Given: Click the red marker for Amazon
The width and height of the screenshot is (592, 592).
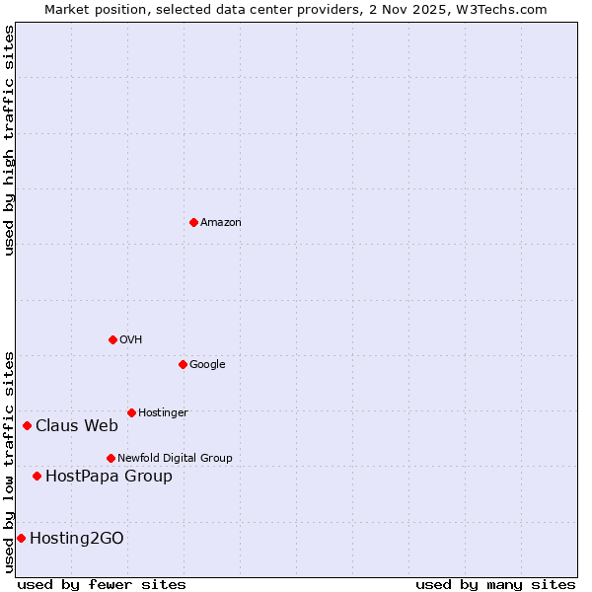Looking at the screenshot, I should [x=193, y=222].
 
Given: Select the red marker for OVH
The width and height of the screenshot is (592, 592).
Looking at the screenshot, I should [x=112, y=339].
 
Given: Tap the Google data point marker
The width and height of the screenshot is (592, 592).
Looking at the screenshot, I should [x=183, y=364].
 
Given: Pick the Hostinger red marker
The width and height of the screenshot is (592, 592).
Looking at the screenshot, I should [x=131, y=412].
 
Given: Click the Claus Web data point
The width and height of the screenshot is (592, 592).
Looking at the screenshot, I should [x=27, y=425].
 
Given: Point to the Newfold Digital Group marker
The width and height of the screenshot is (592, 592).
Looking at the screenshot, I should [x=111, y=458].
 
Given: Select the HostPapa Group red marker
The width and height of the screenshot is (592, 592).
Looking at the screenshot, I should [x=37, y=476].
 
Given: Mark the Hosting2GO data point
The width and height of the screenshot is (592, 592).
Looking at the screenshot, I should [x=21, y=538].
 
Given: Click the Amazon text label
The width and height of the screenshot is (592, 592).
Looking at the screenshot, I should [x=221, y=223].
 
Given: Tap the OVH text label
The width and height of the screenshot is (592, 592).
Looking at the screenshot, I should [x=131, y=340].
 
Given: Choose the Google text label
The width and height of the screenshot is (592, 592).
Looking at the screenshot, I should [x=207, y=365].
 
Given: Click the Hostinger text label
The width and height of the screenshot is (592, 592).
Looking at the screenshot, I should [x=163, y=413].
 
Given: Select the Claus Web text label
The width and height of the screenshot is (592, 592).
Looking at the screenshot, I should [x=77, y=426].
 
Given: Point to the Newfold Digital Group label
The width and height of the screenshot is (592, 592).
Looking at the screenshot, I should [x=175, y=459].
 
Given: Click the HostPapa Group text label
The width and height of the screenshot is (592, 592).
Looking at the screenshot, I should [x=109, y=477].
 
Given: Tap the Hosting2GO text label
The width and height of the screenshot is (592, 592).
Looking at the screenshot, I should [x=77, y=539].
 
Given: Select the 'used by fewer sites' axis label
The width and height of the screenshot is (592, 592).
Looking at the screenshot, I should [x=102, y=584].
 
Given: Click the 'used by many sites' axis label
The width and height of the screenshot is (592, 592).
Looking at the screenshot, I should [x=495, y=584].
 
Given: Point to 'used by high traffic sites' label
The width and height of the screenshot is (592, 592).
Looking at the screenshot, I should [x=10, y=140].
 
